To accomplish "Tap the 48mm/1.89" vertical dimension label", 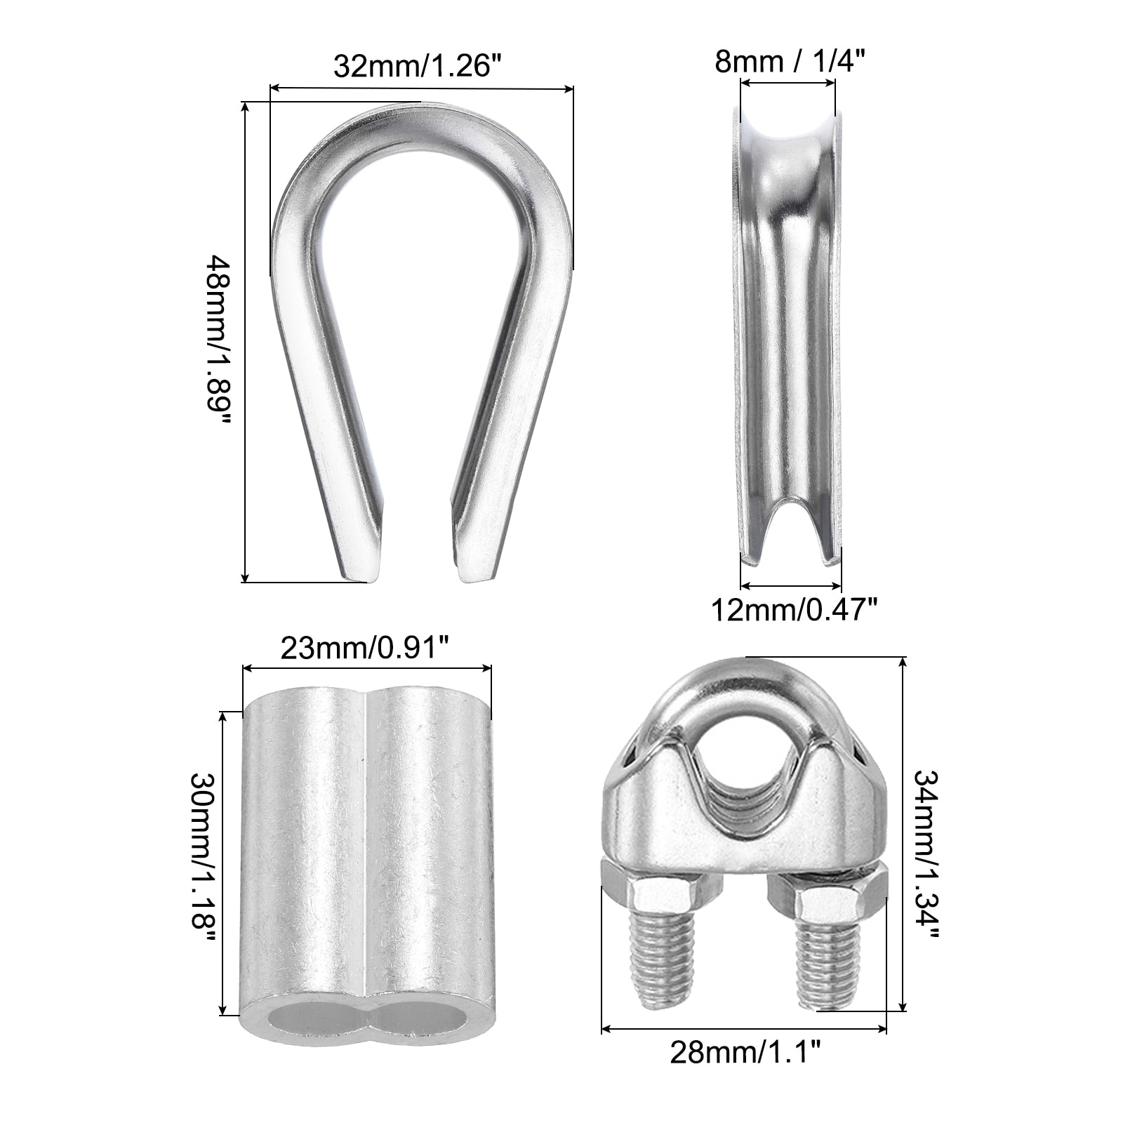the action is [219, 343].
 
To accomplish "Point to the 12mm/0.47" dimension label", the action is [794, 609].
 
